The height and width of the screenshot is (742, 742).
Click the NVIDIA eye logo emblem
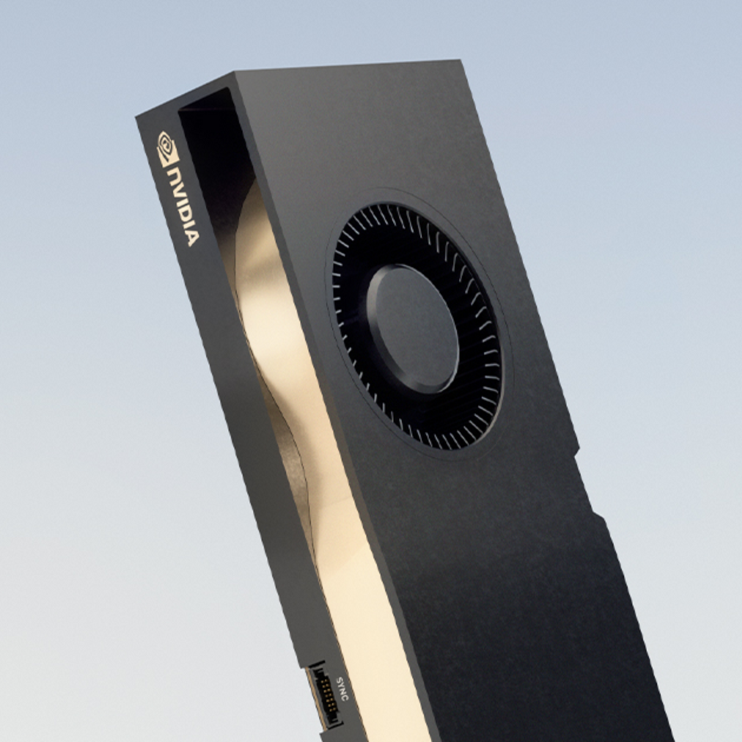click(166, 148)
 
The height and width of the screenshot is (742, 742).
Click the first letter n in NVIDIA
click(174, 177)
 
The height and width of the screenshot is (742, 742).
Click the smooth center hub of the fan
click(413, 327)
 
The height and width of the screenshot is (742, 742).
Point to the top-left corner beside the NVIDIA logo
click(137, 117)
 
